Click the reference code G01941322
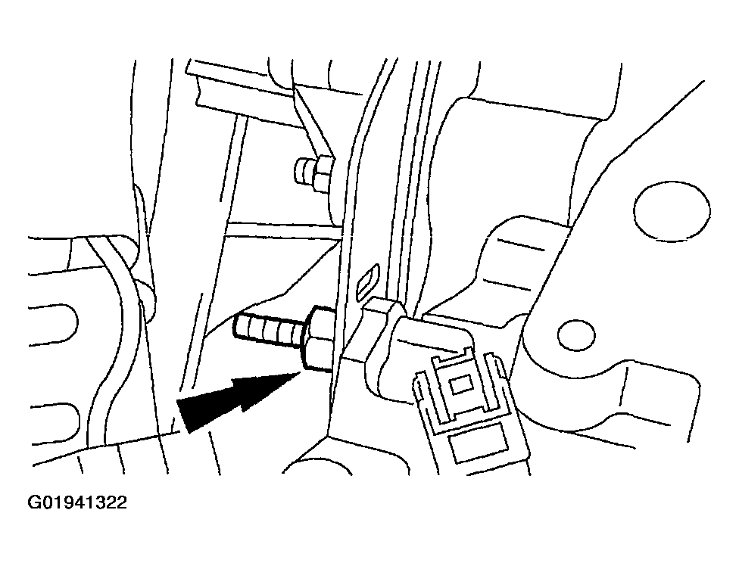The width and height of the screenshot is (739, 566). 78,503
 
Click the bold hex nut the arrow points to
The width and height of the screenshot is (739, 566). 319,338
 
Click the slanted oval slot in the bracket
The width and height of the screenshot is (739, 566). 368,281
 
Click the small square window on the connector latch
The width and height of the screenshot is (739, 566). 460,385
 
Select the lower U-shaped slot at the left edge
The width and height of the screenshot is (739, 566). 55,423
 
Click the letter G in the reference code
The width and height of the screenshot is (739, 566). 34,503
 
